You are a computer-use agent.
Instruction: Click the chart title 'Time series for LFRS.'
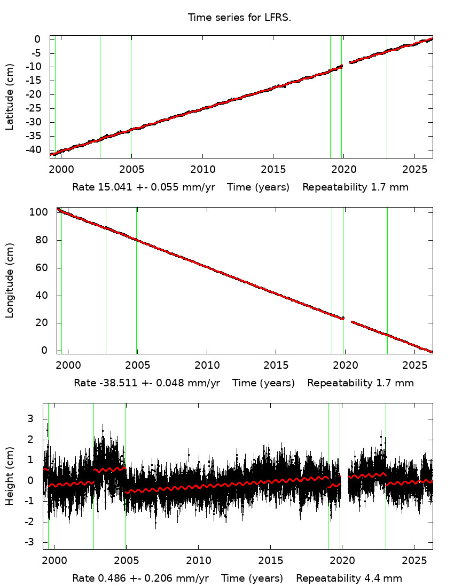click(x=239, y=18)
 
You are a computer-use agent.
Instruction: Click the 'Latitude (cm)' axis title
click(x=10, y=97)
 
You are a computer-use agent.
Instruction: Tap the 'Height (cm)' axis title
click(x=10, y=476)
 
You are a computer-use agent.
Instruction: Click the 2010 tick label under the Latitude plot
click(x=202, y=169)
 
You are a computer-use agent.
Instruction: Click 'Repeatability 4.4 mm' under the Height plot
click(x=349, y=578)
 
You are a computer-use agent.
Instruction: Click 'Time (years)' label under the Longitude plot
click(x=263, y=383)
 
